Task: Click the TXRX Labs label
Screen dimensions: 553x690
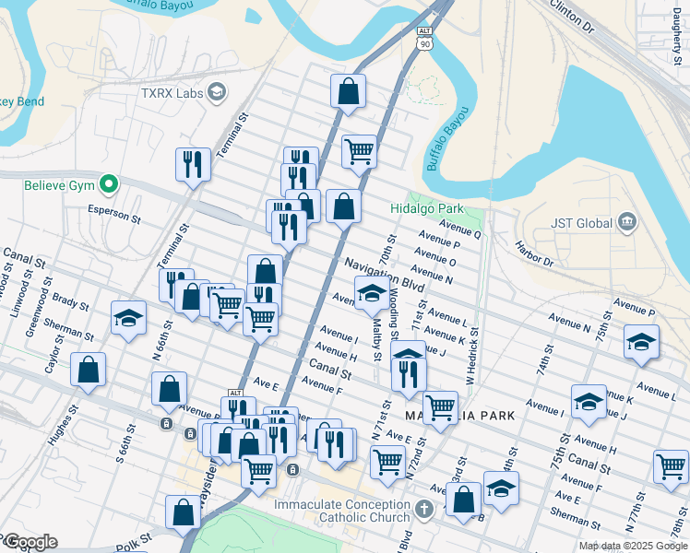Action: pos(172,92)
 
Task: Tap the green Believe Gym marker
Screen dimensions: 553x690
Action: pos(108,185)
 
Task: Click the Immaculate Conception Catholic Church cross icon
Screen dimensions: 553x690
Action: pos(422,509)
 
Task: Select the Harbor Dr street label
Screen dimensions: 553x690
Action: pos(534,254)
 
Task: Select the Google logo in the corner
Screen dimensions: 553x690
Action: pos(30,542)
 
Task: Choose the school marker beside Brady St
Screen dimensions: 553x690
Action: pos(128,318)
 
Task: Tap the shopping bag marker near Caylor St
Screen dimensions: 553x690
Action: pos(88,371)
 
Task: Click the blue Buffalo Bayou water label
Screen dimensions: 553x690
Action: pos(448,138)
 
